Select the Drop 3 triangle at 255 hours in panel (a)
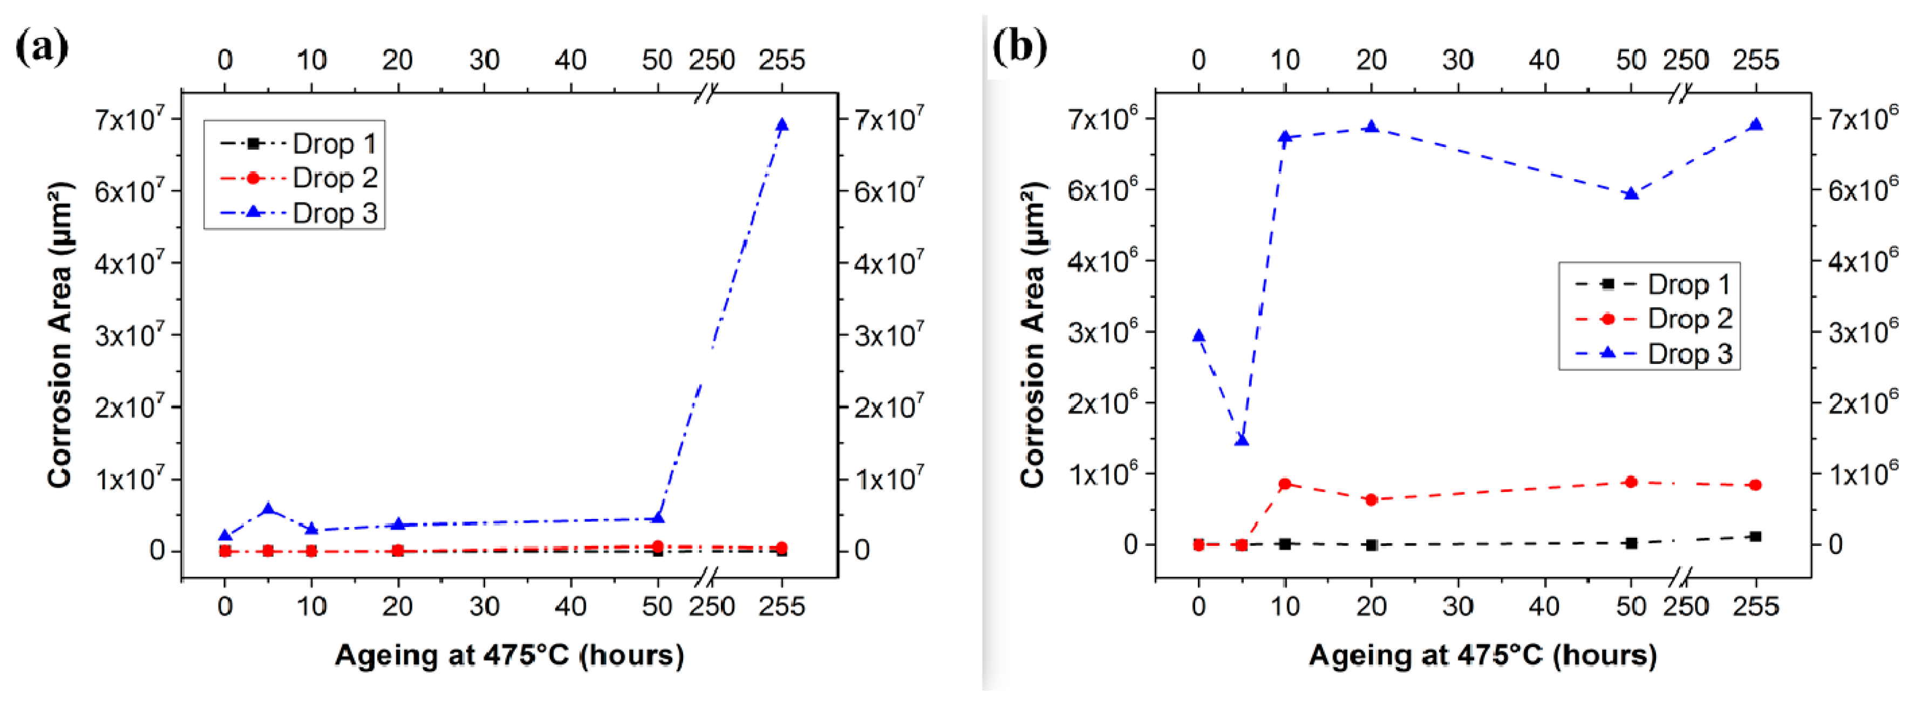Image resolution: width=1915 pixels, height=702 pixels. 781,125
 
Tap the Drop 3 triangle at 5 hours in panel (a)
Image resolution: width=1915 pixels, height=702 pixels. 268,509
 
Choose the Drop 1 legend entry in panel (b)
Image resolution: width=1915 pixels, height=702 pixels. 1651,284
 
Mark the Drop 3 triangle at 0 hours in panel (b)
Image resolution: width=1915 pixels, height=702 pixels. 1198,335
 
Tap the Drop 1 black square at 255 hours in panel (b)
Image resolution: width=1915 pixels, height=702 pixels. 1755,536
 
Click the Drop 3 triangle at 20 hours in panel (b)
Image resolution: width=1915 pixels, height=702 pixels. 1372,127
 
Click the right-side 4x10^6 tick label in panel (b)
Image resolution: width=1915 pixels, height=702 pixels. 1862,260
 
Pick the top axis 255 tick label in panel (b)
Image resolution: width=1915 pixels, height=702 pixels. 1755,59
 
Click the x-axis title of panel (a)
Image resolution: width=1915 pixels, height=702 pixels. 509,655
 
